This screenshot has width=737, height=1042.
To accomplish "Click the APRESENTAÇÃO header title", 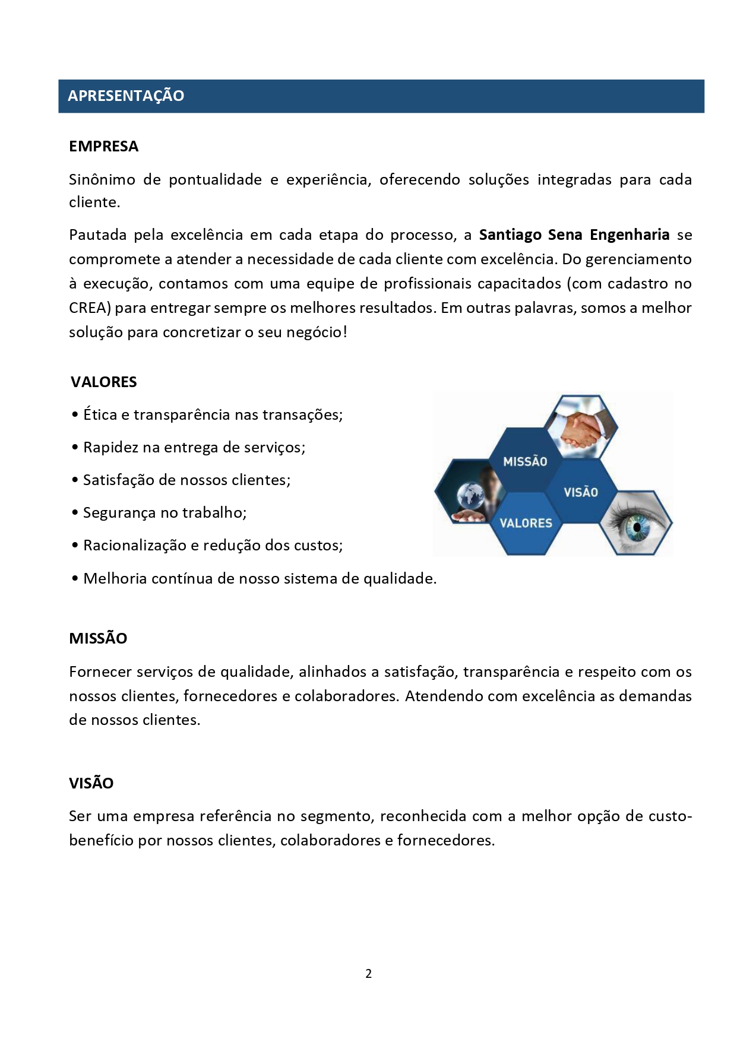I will click(126, 96).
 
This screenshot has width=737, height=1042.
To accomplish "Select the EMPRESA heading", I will click(103, 147).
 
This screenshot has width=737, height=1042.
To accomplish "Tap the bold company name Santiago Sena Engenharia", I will click(574, 235).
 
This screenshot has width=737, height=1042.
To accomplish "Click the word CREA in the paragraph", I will click(88, 308).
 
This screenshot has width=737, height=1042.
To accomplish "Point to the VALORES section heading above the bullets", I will click(104, 382).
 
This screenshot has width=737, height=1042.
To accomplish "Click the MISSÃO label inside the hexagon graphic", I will click(525, 461).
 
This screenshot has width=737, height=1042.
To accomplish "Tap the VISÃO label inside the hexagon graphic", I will click(581, 492).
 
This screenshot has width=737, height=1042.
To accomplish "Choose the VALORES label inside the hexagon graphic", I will click(526, 523).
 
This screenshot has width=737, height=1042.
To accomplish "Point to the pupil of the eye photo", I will click(637, 525).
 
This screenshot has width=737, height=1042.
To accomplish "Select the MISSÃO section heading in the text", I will click(98, 639).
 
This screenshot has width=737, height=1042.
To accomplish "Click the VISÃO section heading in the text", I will click(91, 783).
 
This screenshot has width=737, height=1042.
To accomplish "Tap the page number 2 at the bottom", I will click(369, 974).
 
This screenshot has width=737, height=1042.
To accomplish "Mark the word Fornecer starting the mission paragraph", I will click(100, 672).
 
